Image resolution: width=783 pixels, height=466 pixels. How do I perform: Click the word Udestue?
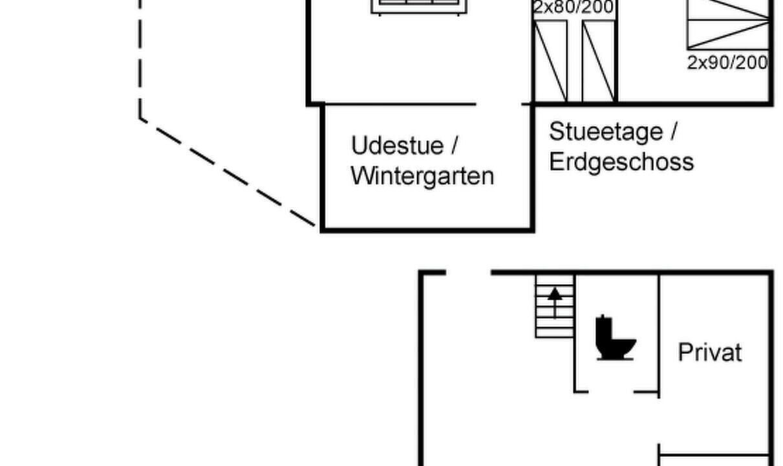click(397, 145)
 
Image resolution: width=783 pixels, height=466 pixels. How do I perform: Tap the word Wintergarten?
click(422, 177)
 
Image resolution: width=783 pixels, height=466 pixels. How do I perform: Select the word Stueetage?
click(606, 132)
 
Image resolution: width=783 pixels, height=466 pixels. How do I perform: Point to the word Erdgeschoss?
click(621, 161)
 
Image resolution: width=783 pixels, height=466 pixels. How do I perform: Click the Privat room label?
click(710, 352)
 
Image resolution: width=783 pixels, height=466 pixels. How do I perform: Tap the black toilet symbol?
click(616, 338)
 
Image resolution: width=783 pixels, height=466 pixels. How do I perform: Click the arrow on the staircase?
click(555, 303)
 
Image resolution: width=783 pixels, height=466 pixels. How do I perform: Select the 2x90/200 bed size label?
click(727, 63)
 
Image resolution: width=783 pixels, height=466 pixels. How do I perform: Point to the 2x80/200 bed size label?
click(574, 7)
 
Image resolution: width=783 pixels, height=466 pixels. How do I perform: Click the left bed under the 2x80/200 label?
click(551, 61)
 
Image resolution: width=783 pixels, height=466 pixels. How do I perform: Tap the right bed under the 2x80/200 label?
click(599, 61)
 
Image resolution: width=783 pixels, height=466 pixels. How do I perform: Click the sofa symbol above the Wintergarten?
click(419, 7)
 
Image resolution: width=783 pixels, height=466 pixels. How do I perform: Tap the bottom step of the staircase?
click(555, 333)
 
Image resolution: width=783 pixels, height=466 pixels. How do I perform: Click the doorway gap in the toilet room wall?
click(611, 392)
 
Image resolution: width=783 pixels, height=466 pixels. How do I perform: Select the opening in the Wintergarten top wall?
click(499, 104)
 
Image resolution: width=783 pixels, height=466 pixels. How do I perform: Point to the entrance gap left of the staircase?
click(468, 272)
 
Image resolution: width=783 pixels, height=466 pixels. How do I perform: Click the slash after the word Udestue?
click(454, 145)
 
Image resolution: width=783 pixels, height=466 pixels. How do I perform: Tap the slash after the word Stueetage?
click(674, 131)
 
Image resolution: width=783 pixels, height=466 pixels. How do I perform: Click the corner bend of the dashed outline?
click(140, 119)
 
